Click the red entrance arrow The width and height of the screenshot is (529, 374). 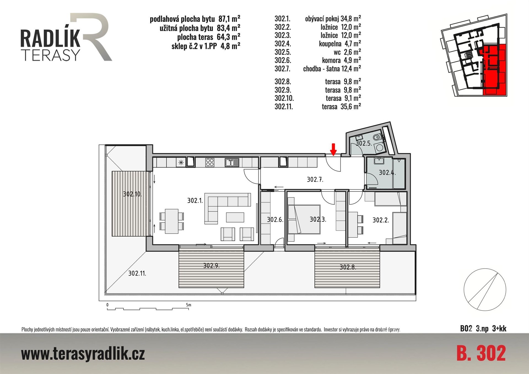point(333,149)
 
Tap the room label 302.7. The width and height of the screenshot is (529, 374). point(315,180)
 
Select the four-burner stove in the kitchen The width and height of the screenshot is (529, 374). point(210,162)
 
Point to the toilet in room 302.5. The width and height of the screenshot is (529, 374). point(377,137)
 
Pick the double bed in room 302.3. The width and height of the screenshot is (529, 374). point(304,220)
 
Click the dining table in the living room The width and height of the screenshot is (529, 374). point(172,221)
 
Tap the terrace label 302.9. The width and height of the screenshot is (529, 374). point(211,266)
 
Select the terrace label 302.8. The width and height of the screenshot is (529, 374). point(348,267)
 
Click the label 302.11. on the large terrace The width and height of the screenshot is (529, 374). point(137,273)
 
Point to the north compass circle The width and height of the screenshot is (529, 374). point(485,290)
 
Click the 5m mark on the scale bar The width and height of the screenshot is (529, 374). point(188,305)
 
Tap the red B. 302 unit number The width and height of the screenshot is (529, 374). point(481,353)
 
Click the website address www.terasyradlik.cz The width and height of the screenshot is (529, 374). point(83,354)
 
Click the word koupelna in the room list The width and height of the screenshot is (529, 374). point(330,44)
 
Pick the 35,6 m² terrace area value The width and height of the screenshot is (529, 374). point(351,106)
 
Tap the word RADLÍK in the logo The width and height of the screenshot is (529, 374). point(50,39)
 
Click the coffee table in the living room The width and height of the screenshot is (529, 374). point(235,217)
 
